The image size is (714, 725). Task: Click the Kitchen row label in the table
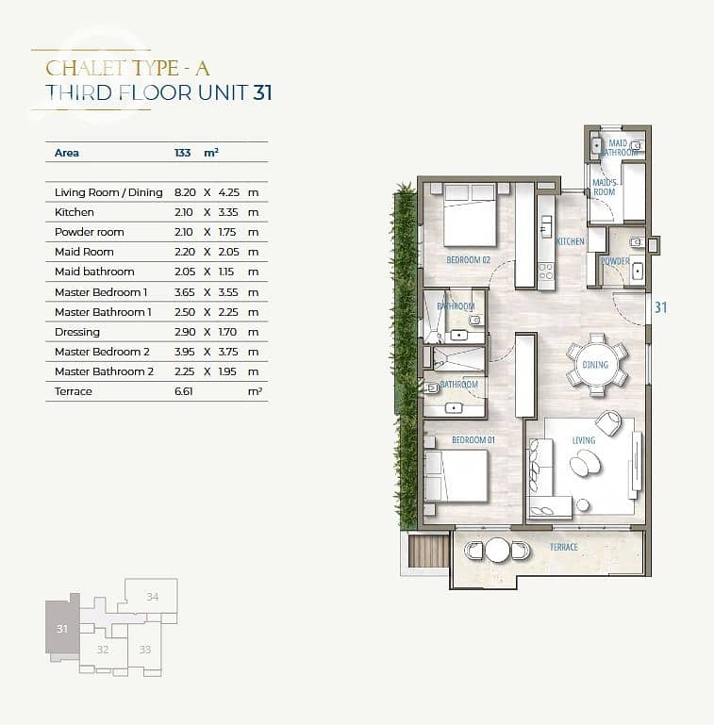click(74, 212)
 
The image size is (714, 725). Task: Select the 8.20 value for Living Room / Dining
click(185, 192)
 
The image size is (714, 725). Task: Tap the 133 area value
click(183, 153)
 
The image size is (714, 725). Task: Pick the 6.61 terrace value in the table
click(184, 391)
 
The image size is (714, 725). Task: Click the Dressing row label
click(76, 332)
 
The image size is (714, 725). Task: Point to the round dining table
click(596, 364)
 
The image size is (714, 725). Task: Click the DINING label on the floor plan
click(595, 365)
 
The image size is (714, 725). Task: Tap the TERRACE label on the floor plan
click(564, 548)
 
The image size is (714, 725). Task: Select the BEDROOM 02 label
click(468, 260)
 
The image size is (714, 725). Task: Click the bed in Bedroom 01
click(456, 475)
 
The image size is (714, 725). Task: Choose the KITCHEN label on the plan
click(571, 241)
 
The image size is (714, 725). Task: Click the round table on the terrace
click(497, 550)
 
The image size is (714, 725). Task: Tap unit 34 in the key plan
click(152, 597)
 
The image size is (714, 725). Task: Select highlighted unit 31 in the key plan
click(62, 628)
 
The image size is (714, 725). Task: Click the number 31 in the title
click(262, 92)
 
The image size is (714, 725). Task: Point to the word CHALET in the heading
click(86, 69)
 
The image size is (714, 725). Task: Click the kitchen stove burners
click(546, 272)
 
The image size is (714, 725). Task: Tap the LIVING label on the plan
click(584, 440)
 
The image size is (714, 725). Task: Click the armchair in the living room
click(609, 422)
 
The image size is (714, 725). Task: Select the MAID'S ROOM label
click(605, 188)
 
